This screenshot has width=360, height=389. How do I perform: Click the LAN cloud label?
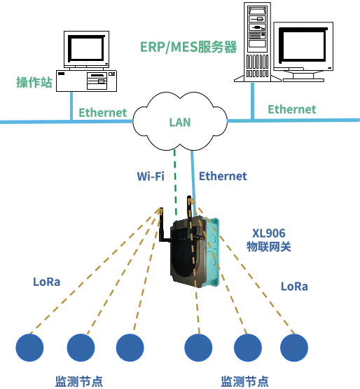180,122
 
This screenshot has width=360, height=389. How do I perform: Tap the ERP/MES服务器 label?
188,47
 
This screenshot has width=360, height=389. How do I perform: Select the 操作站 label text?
34,82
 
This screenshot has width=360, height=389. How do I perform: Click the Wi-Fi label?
151,176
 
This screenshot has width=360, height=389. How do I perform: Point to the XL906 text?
269,233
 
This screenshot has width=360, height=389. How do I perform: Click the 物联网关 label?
269,247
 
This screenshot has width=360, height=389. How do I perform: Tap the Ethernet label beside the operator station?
103,113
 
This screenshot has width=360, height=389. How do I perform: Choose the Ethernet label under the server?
292,109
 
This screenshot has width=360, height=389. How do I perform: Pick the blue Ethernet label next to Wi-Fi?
223,176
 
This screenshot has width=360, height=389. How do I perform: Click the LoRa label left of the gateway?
47,282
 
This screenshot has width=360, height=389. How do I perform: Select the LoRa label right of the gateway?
294,287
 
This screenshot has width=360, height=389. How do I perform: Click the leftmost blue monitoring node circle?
29,348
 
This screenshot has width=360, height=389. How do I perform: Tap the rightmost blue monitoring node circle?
294,348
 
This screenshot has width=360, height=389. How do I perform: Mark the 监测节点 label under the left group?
79,381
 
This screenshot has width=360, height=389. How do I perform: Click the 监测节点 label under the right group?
244,381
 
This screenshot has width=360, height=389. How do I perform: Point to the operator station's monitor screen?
86,48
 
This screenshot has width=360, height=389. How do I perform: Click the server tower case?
257,42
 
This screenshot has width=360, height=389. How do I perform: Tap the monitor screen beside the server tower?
304,45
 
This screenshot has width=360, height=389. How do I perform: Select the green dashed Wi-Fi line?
175,185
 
